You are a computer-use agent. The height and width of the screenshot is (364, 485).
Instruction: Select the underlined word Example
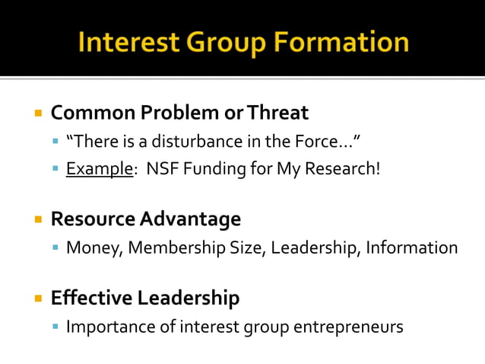(x=99, y=168)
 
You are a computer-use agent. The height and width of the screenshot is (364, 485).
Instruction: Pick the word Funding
(x=209, y=168)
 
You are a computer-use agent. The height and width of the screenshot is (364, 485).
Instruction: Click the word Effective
(x=90, y=298)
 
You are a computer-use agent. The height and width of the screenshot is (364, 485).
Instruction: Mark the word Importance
(x=108, y=327)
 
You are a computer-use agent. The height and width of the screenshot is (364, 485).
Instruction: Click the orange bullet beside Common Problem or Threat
(x=37, y=113)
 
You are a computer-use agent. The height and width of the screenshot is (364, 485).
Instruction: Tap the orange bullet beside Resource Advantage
(x=37, y=219)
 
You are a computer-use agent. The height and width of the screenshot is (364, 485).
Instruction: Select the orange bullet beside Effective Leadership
(x=37, y=298)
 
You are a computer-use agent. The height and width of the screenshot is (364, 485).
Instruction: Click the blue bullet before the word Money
(x=55, y=247)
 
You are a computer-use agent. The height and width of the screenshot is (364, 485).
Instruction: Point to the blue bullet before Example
(x=55, y=168)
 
